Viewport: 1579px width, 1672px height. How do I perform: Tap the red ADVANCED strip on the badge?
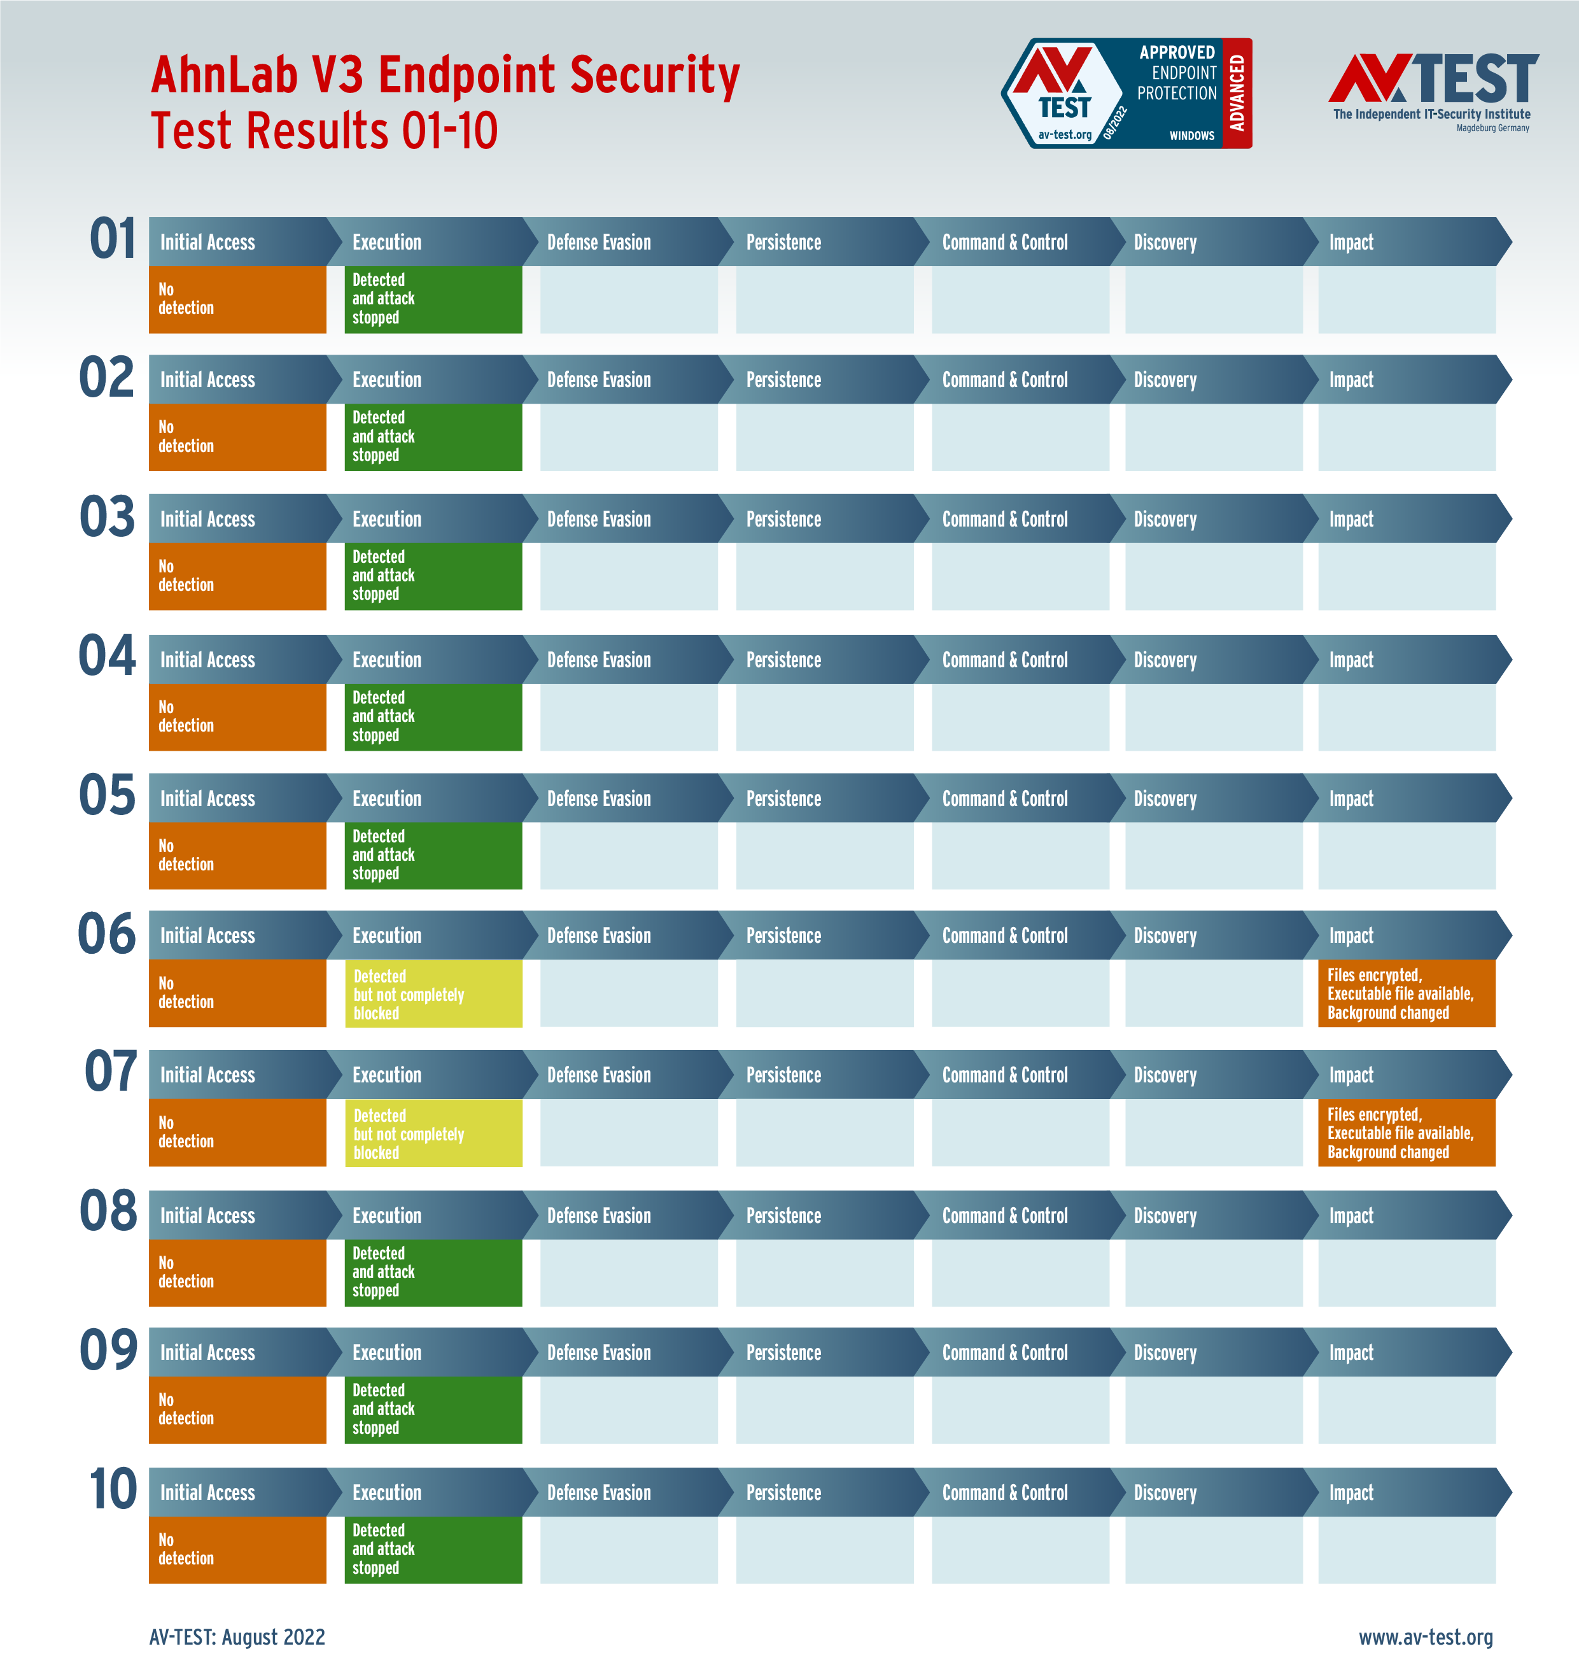[1237, 94]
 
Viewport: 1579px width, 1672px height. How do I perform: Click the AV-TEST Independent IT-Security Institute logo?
[1433, 91]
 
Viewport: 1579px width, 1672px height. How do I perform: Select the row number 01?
[113, 239]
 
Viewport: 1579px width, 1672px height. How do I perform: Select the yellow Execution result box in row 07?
[433, 1133]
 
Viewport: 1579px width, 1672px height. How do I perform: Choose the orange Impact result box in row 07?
[1407, 1133]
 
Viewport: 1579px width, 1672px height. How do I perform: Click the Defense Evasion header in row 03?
[600, 520]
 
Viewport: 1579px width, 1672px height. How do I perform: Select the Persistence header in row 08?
[783, 1215]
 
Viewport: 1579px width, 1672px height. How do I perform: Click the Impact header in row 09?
[1351, 1353]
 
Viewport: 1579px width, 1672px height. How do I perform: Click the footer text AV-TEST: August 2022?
[237, 1636]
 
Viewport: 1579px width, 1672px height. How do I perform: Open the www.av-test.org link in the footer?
[1426, 1636]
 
